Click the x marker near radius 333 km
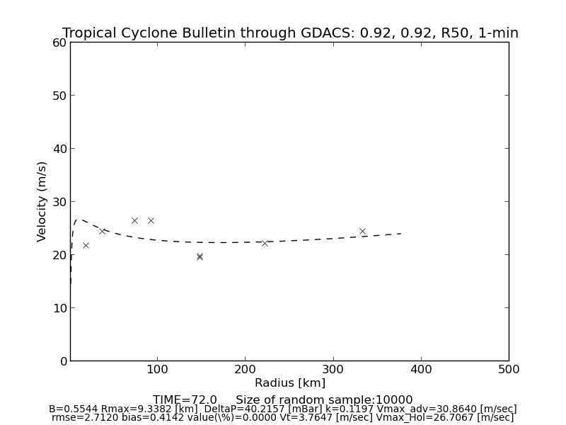[362, 231]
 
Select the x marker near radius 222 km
[265, 243]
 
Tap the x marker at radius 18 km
[86, 245]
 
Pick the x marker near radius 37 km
[102, 231]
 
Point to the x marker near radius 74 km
[134, 220]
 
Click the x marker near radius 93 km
[151, 220]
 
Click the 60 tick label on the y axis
[58, 42]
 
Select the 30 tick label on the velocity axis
[58, 202]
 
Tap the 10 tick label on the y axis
[58, 308]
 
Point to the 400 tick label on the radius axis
[421, 370]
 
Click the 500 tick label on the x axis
[509, 370]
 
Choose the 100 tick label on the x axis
[157, 370]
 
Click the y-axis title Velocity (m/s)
[42, 201]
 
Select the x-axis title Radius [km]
[290, 383]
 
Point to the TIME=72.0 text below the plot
[185, 400]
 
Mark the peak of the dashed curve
[80, 220]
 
